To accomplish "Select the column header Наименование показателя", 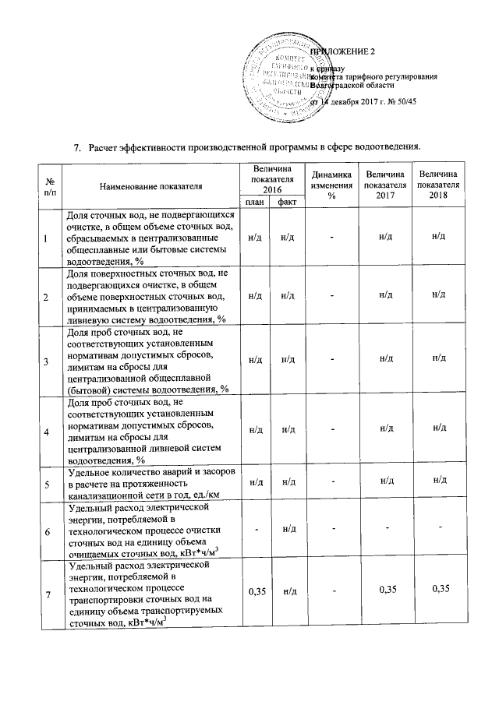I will (150, 187).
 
